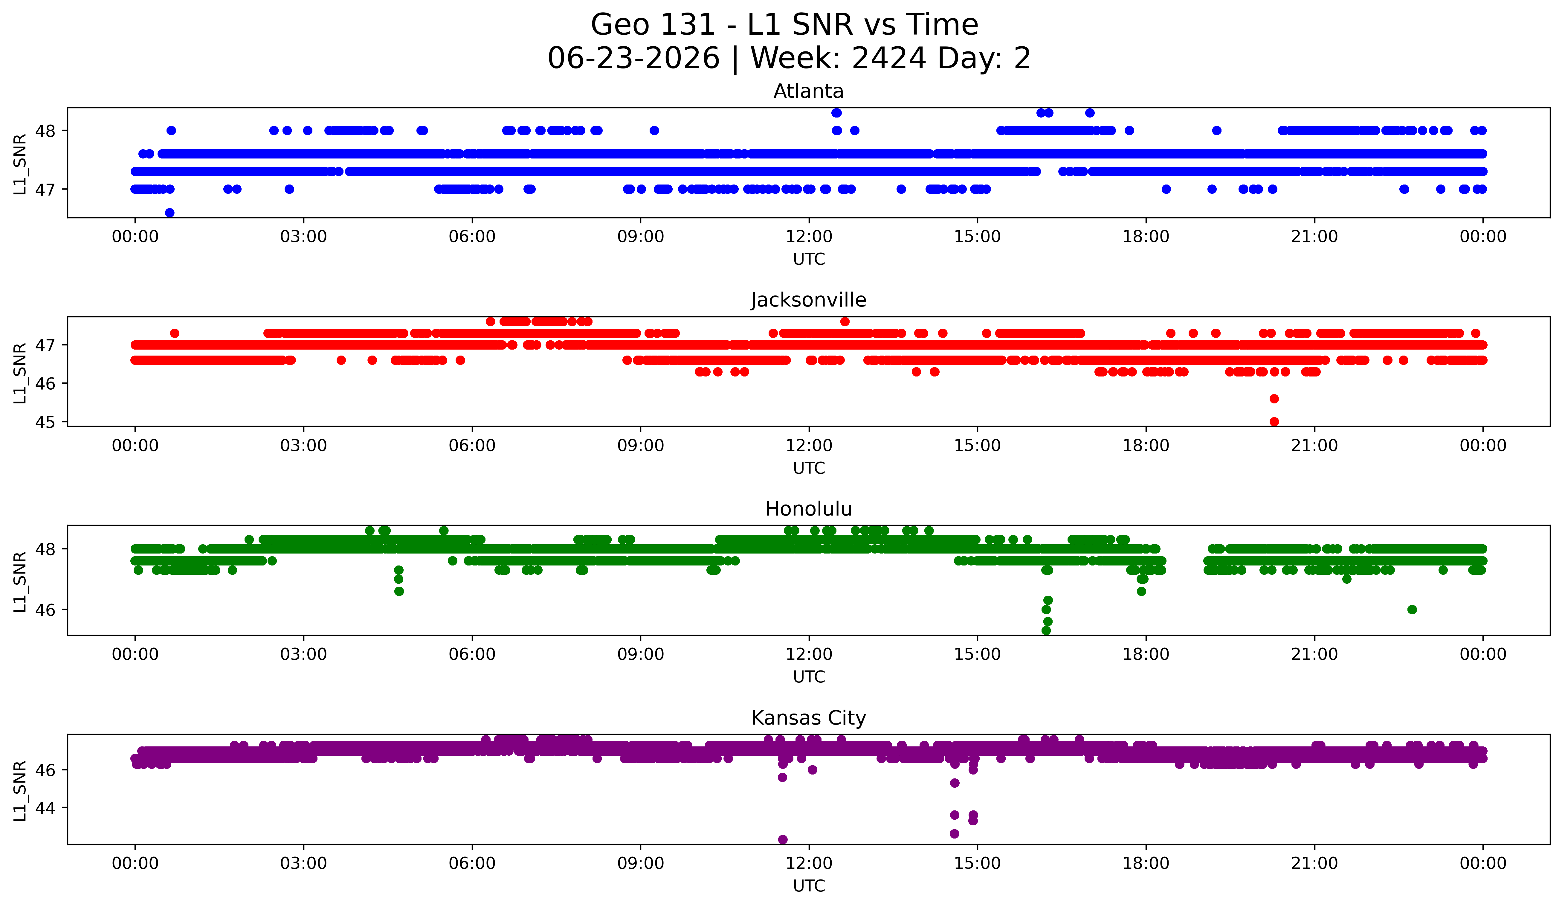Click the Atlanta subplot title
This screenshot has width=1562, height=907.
pos(808,91)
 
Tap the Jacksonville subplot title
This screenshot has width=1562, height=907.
pos(808,300)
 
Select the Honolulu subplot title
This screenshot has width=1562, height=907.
pos(808,509)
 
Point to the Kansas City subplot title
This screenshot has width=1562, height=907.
pos(808,718)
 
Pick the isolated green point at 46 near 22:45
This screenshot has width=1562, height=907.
pos(1412,609)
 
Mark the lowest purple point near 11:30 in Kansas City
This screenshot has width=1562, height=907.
pos(783,839)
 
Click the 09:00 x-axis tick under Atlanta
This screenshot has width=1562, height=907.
pos(640,236)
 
